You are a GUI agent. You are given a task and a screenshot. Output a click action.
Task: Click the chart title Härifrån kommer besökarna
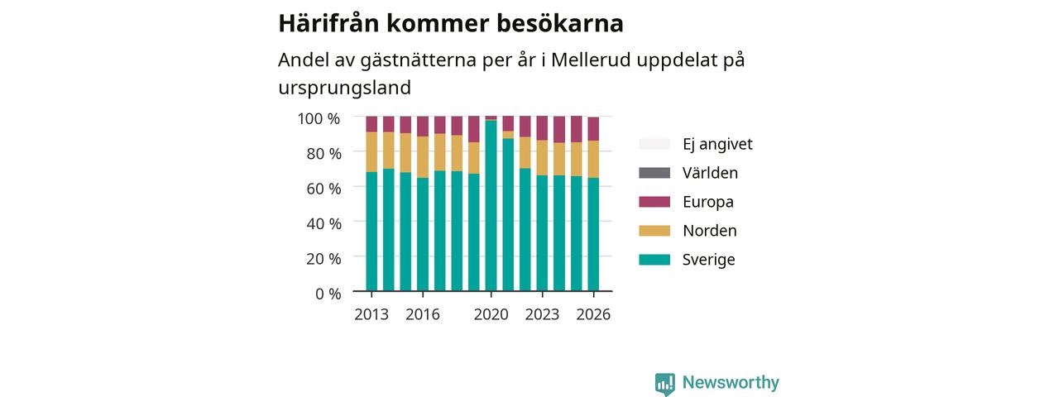(x=451, y=23)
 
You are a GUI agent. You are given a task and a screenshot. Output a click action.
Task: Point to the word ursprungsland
(x=345, y=88)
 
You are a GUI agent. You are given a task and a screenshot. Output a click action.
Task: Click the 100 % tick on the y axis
(x=319, y=118)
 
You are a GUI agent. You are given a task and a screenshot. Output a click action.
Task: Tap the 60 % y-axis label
(x=323, y=189)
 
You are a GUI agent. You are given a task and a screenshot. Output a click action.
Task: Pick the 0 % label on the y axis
(x=328, y=294)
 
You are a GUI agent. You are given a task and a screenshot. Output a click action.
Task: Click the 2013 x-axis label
(x=371, y=314)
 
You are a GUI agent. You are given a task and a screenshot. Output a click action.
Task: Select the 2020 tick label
(x=491, y=314)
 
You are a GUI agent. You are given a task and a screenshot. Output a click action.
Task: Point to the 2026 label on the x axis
(x=593, y=314)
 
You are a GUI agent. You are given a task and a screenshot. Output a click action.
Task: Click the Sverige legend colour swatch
(x=654, y=260)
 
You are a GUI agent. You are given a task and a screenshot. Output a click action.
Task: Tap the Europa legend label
(x=708, y=202)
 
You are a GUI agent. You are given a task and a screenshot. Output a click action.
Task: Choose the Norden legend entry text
(x=710, y=231)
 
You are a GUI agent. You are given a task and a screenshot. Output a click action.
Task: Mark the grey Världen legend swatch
(x=654, y=173)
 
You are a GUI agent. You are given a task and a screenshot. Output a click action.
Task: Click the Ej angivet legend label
(x=717, y=144)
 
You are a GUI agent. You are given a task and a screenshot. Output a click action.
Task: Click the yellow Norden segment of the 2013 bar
(x=371, y=151)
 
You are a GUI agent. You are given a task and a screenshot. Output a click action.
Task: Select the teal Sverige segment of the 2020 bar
(x=491, y=206)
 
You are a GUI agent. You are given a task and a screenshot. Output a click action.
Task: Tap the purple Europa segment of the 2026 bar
(x=593, y=129)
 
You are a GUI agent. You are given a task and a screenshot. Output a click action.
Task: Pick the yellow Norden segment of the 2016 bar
(x=423, y=157)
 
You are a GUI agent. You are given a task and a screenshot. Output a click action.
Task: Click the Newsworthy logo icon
(x=665, y=383)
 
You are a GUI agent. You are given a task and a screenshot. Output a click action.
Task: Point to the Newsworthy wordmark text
(x=731, y=382)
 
